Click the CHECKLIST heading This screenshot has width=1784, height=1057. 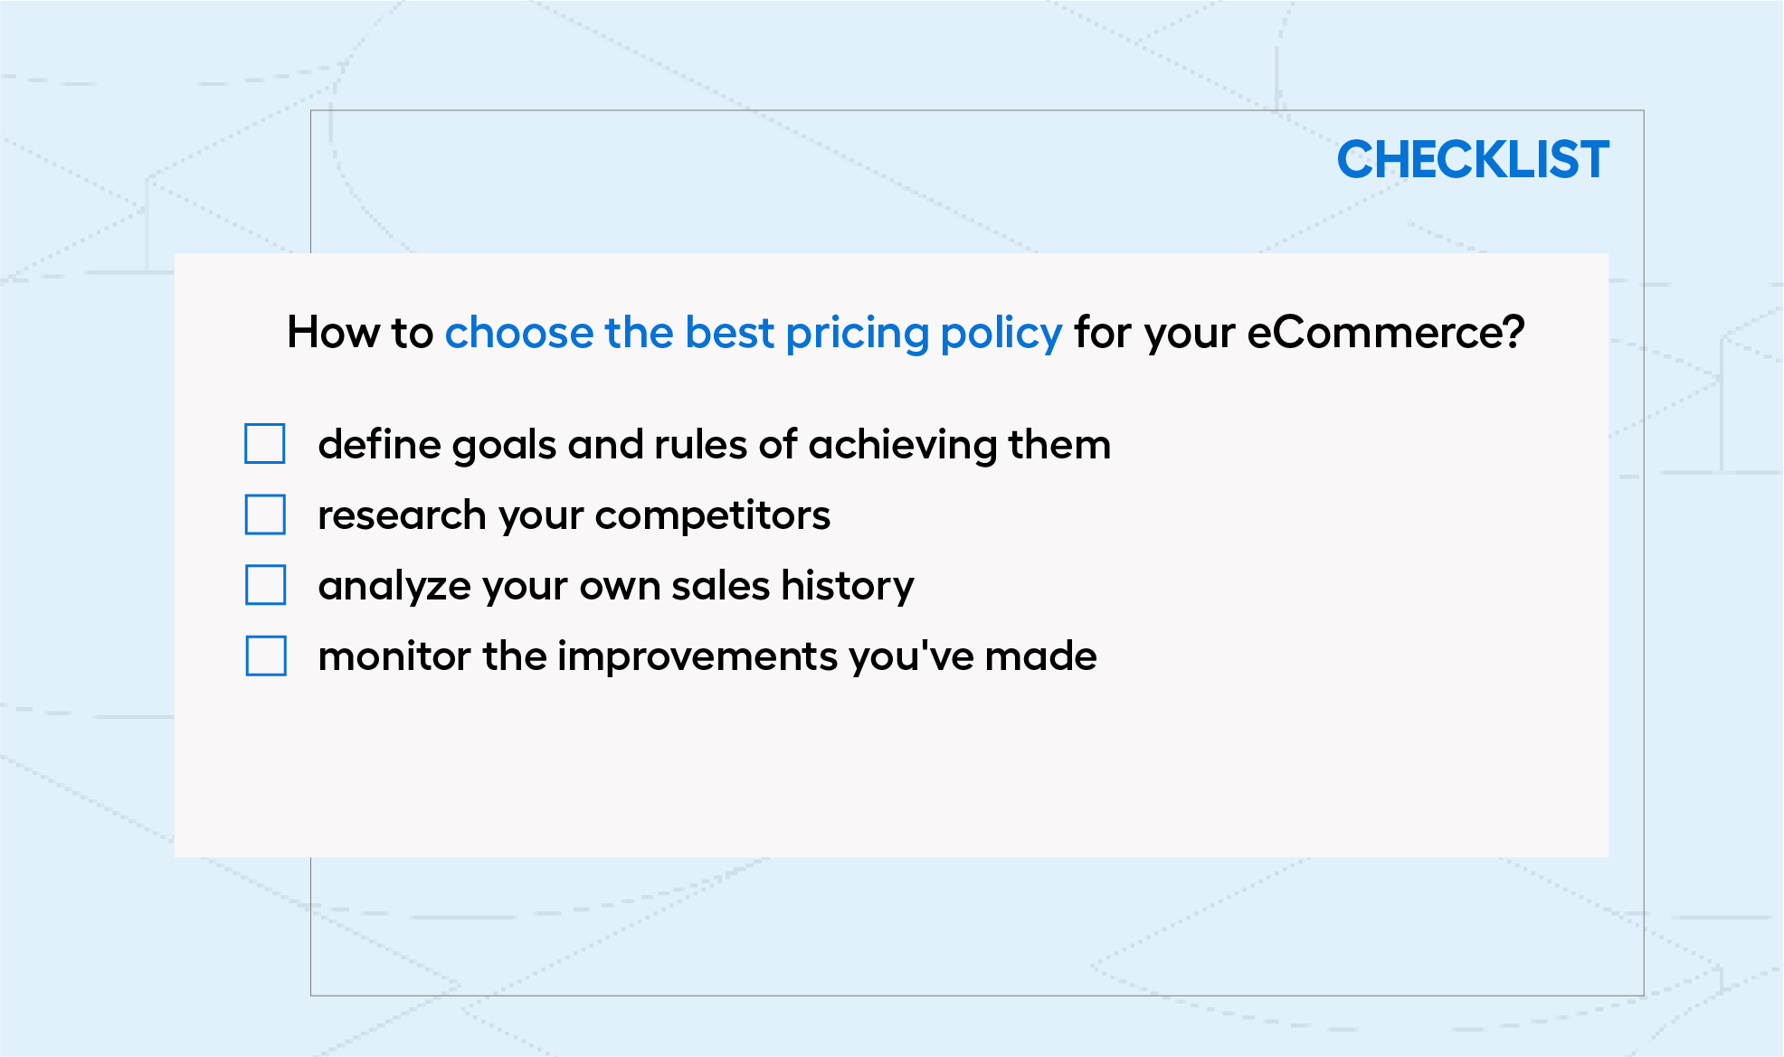click(1473, 160)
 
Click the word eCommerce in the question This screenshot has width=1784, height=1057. click(1386, 333)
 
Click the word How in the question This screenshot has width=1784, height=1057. click(334, 333)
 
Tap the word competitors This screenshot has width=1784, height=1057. click(713, 516)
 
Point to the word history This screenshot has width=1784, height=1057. click(848, 587)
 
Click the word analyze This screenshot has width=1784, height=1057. click(395, 587)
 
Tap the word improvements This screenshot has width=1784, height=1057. click(697, 657)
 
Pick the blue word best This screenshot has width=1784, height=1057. click(730, 333)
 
